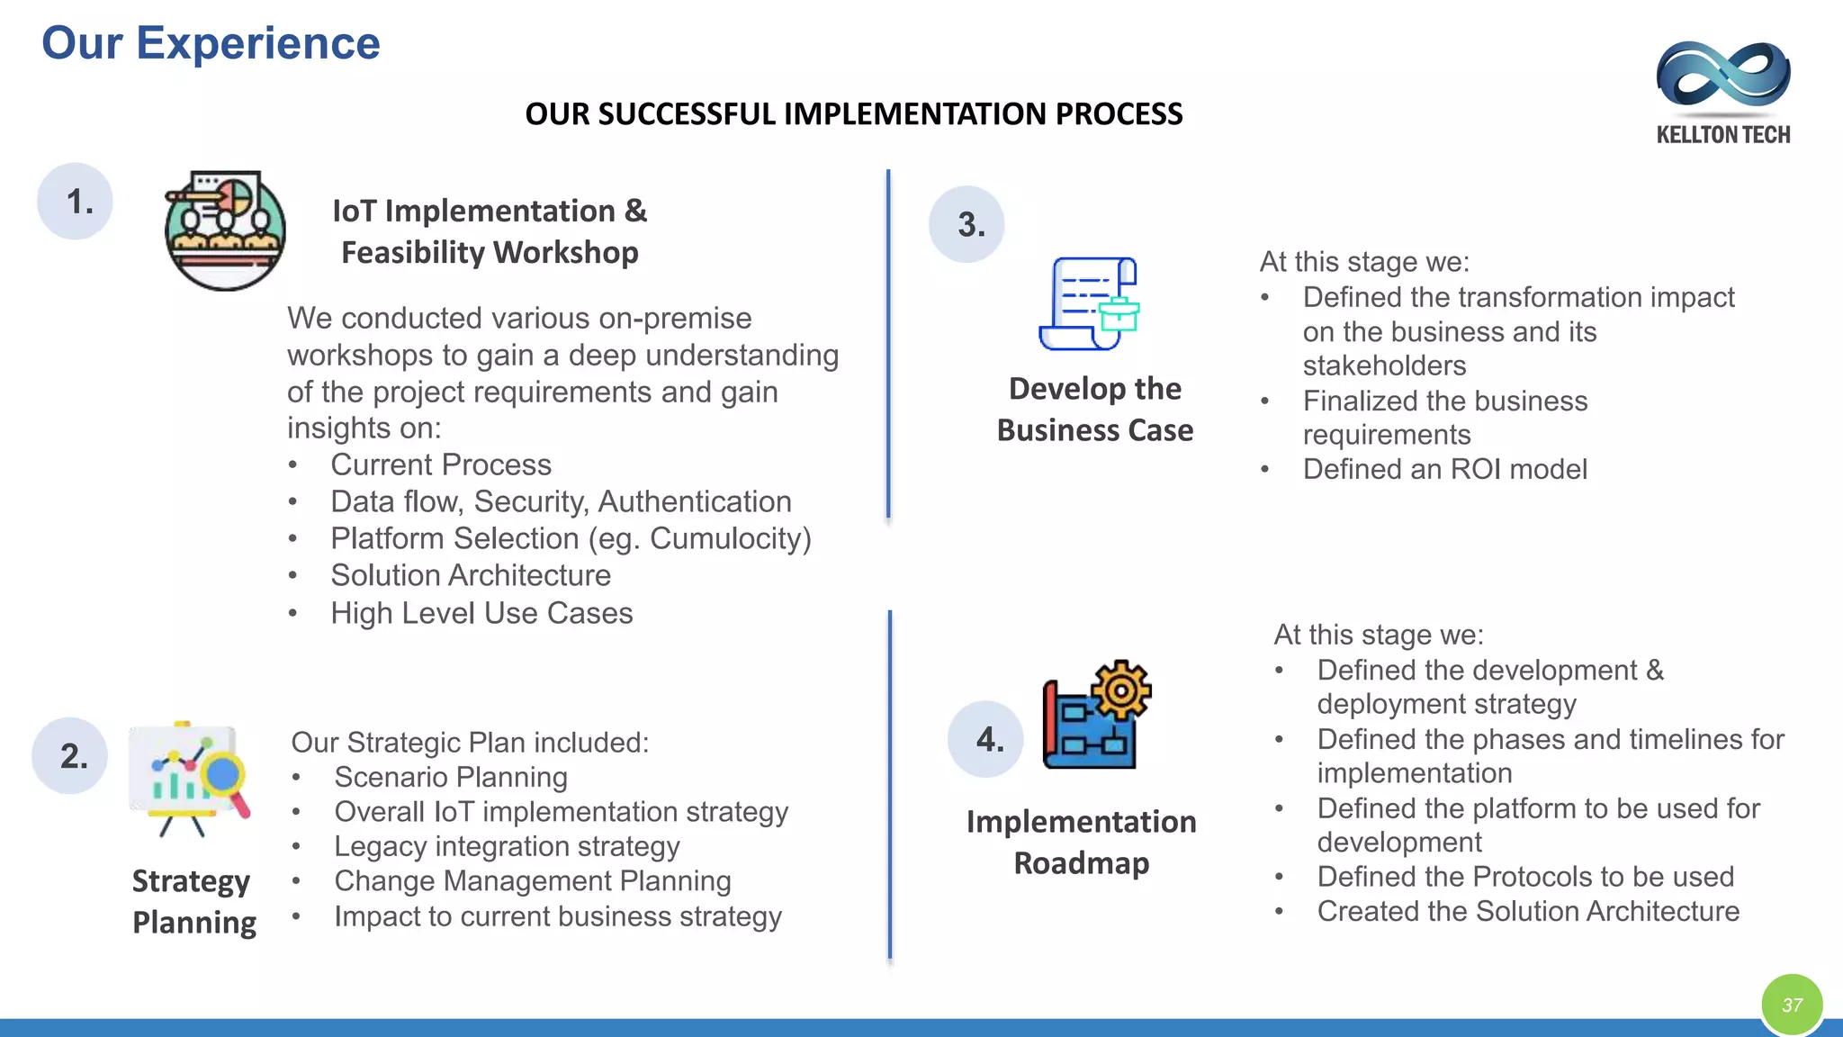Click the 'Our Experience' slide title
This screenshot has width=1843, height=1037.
pos(211,43)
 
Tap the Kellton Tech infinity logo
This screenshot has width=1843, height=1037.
pos(1722,76)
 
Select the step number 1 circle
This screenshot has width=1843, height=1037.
pos(76,202)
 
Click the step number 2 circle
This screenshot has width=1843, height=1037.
pos(70,756)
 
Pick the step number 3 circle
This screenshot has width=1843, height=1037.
pos(967,224)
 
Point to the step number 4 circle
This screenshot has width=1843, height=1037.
pos(986,740)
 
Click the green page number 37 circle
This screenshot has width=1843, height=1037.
pos(1792,1005)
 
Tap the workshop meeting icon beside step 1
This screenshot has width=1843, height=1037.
pos(225,230)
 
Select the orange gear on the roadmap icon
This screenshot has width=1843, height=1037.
pos(1121,690)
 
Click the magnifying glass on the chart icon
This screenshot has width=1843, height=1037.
pos(224,777)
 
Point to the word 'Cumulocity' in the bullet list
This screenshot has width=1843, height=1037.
pos(729,538)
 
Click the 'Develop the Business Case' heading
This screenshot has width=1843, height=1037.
pos(1094,410)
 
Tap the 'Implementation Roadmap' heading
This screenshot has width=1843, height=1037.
pos(1081,842)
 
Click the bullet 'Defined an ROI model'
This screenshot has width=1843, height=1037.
pos(1444,469)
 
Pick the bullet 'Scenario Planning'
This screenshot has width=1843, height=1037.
pos(450,777)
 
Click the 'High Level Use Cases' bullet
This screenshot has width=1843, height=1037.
pos(481,613)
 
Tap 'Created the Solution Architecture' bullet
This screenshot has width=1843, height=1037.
pos(1527,911)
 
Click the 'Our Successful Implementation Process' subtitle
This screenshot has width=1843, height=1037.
pos(853,114)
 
